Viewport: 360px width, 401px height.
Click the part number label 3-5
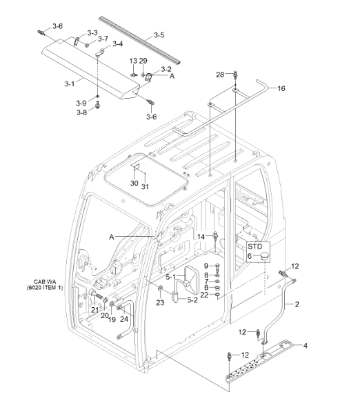pos(159,35)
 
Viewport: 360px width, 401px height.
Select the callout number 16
pos(281,88)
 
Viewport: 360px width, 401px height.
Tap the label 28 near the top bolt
pos(220,74)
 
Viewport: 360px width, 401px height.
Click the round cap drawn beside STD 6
pos(263,257)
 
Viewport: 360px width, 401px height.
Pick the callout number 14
pos(201,237)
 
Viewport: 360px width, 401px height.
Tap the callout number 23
pos(159,301)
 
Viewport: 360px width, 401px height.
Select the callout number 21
pos(94,310)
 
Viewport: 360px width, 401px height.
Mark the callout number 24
pos(124,319)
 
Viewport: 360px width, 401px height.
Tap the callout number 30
pos(134,183)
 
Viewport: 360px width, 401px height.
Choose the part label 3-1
pos(69,84)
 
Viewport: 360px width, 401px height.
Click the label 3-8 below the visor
pos(81,112)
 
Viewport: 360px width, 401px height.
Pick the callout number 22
pos(204,295)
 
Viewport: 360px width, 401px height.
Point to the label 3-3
pos(92,33)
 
